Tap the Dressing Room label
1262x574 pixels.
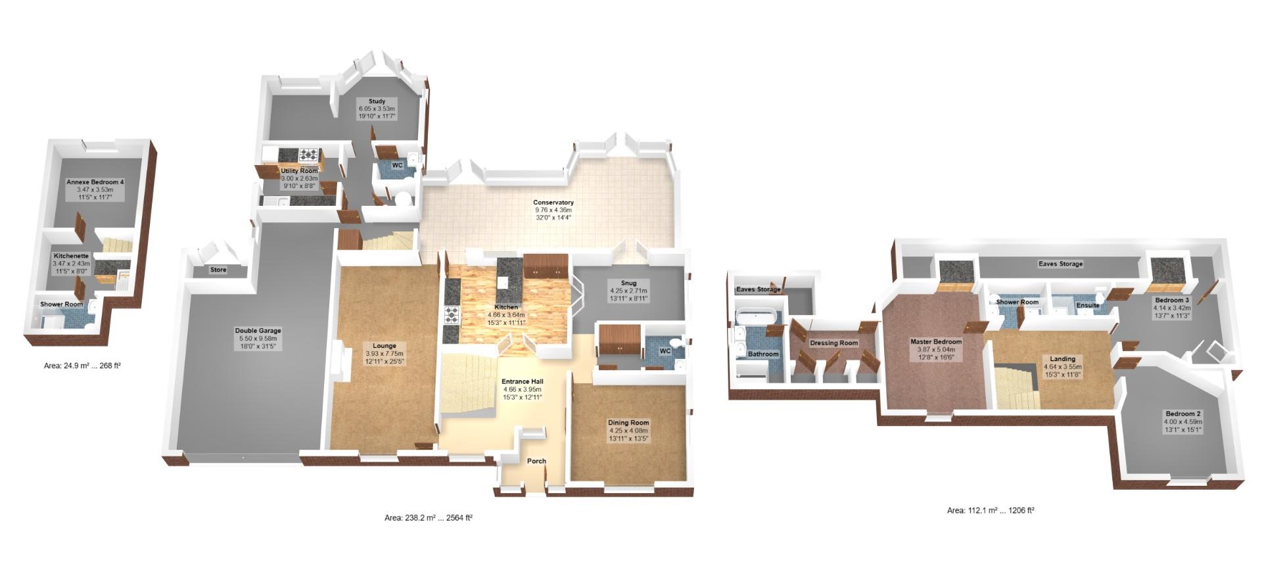click(x=833, y=343)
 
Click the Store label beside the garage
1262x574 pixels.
click(x=218, y=270)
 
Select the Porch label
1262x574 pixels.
click(x=536, y=461)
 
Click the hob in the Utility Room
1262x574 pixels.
click(x=309, y=155)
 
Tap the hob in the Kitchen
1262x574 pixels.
click(x=452, y=316)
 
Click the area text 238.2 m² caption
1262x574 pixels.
click(x=429, y=518)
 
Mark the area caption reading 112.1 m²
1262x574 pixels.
click(x=991, y=510)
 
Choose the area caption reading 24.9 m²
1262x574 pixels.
click(x=82, y=366)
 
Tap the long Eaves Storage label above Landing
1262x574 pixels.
click(x=1060, y=264)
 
